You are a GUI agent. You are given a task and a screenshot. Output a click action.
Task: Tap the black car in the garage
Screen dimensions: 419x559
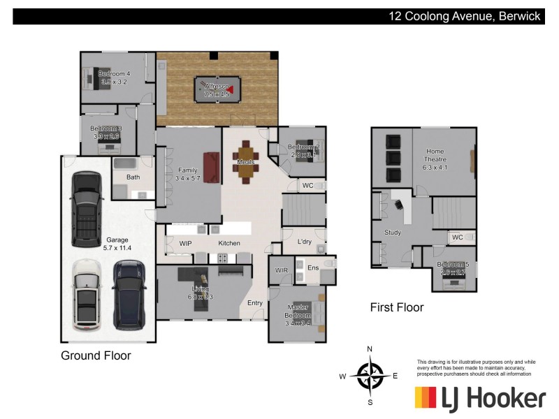point(87,208)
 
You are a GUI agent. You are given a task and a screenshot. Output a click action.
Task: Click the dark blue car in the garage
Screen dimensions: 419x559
point(129,295)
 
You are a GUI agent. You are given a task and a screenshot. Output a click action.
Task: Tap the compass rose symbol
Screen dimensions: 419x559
point(370,376)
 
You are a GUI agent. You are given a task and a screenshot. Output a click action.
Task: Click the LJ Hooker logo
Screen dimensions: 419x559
point(480,398)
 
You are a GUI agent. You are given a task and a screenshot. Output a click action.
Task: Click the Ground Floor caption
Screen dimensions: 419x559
point(96,355)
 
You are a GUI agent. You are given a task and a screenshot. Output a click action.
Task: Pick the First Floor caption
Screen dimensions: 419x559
point(397,307)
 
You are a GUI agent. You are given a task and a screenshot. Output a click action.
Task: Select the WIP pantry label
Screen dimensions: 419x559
point(185,244)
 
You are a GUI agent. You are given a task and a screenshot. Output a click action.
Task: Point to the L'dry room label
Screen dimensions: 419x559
point(304,242)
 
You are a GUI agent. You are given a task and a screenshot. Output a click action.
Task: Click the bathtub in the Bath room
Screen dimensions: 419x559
point(126,164)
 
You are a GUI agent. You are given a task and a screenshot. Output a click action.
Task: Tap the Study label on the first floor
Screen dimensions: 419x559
point(393,233)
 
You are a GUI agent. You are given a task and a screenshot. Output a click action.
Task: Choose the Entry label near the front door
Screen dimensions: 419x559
point(255,303)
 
